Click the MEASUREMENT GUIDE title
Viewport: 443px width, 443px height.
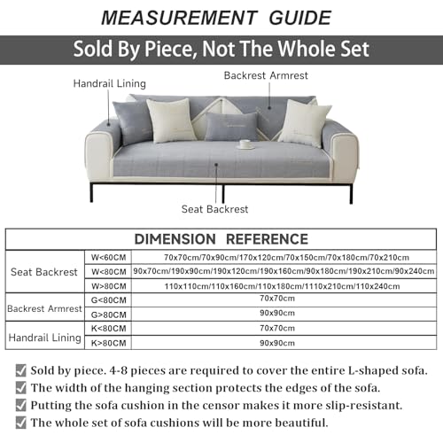pos(221,17)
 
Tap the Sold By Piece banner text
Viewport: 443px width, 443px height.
pos(221,49)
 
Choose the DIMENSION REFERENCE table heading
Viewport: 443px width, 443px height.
pos(221,239)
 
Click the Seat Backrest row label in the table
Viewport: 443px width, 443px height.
pos(44,271)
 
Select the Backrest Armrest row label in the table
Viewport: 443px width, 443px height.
pos(44,308)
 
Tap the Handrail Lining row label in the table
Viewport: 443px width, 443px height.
pos(44,338)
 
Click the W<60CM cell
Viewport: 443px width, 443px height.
pos(109,257)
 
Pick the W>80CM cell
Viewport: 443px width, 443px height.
pos(109,286)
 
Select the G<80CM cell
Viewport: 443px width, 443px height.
pos(109,301)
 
